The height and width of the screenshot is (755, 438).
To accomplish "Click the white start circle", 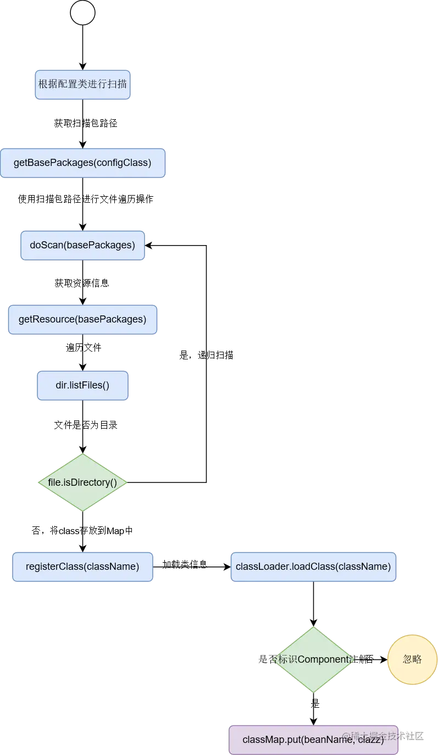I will pyautogui.click(x=82, y=13).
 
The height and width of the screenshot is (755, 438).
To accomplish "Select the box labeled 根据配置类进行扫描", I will pyautogui.click(x=82, y=85).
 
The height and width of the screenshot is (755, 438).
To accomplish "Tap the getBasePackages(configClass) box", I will pyautogui.click(x=82, y=163).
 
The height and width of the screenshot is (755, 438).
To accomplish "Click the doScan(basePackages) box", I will pyautogui.click(x=82, y=245).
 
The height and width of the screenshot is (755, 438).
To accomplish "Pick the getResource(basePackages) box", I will pyautogui.click(x=82, y=319).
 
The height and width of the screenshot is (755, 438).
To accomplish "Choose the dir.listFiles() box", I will pyautogui.click(x=82, y=385).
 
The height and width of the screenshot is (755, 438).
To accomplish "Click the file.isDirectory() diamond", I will pyautogui.click(x=83, y=483).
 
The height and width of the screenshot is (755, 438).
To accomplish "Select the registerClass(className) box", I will pyautogui.click(x=82, y=567).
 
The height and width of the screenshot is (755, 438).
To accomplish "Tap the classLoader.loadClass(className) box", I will pyautogui.click(x=313, y=567).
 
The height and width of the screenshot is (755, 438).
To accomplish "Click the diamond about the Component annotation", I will pyautogui.click(x=313, y=659).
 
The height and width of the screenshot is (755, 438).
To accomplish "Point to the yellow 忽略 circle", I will pyautogui.click(x=412, y=659).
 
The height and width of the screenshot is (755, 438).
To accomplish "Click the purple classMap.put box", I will pyautogui.click(x=313, y=740).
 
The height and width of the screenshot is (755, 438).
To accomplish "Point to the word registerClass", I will pyautogui.click(x=52, y=567).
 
